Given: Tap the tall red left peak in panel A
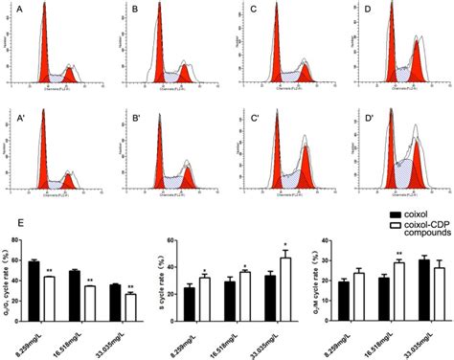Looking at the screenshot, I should [42, 57].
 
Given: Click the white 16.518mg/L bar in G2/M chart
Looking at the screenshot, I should [398, 284].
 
